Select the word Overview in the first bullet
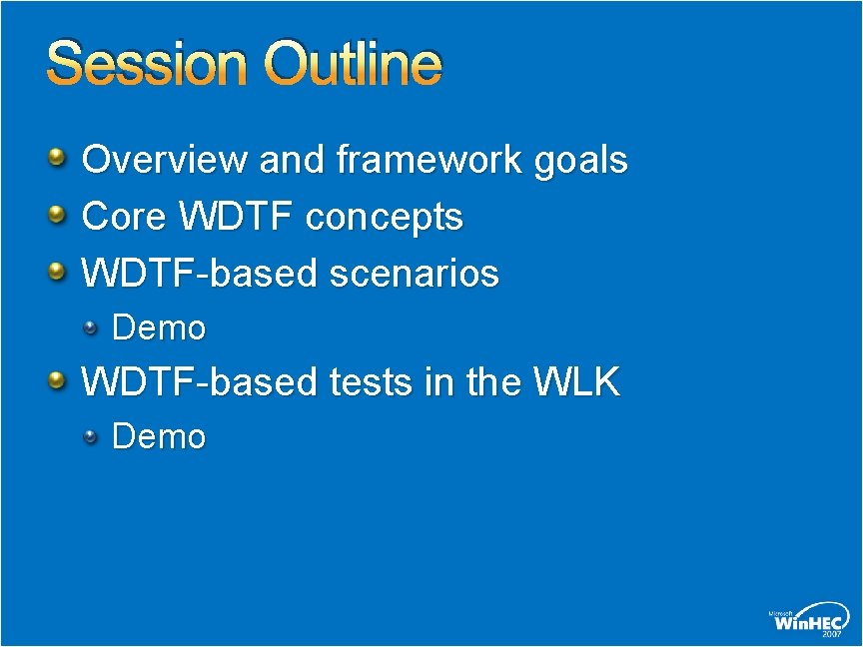click(165, 159)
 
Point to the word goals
click(581, 160)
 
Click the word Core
click(124, 216)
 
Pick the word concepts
click(385, 218)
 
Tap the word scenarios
click(414, 273)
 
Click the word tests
click(371, 381)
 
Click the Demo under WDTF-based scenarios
click(159, 327)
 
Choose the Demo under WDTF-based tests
click(159, 436)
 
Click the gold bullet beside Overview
click(57, 158)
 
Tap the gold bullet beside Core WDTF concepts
click(57, 214)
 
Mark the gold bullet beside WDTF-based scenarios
click(57, 271)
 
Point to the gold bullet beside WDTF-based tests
click(57, 379)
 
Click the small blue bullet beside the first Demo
click(90, 328)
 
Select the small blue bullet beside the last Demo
click(90, 437)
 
